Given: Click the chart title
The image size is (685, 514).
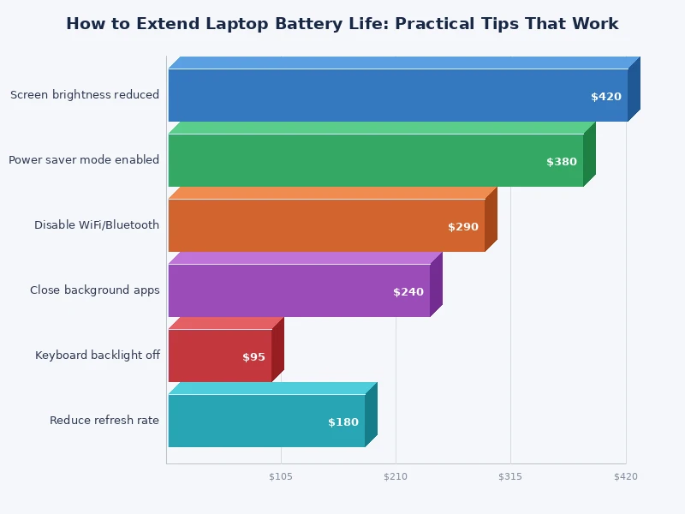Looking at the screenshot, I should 342,24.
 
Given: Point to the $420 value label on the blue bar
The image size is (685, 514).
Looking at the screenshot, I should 606,97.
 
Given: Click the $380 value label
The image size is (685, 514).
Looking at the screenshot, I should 562,162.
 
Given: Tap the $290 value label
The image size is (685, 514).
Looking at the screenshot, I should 463,227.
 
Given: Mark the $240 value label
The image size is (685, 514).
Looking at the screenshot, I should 408,292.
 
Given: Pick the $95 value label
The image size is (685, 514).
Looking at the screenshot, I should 253,357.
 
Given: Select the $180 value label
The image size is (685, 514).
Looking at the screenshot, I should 343,422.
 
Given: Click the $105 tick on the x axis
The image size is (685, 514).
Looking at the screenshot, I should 281,476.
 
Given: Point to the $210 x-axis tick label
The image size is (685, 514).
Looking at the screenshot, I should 396,476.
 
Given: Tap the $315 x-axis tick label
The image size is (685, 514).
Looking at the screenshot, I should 510,476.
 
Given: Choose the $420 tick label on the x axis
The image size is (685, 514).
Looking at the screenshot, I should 626,476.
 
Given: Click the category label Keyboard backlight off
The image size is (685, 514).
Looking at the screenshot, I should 98,356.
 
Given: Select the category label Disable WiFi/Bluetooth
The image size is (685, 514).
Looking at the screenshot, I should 97,225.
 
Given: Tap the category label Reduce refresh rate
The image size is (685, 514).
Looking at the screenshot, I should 104,421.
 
